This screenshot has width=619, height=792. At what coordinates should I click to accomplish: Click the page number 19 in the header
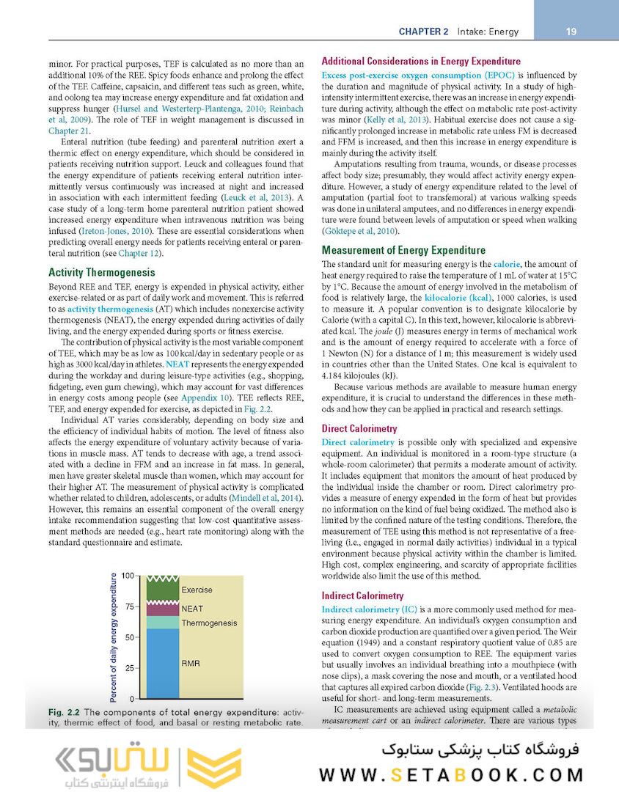[x=571, y=32]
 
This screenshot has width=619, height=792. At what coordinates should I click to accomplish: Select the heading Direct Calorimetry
[x=359, y=428]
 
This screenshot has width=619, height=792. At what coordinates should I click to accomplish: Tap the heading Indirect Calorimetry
[x=362, y=595]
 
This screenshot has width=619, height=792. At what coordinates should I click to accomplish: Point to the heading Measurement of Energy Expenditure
[x=403, y=250]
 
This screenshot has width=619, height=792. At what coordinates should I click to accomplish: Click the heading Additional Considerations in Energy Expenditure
[x=421, y=61]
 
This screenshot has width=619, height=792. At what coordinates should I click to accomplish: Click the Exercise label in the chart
[x=197, y=590]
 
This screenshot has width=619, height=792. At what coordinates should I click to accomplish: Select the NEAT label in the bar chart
[x=192, y=609]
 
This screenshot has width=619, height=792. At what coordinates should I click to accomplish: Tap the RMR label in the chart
[x=191, y=663]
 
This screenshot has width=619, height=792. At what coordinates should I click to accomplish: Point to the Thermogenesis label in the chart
[x=209, y=623]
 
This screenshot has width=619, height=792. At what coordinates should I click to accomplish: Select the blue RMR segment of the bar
[x=162, y=664]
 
